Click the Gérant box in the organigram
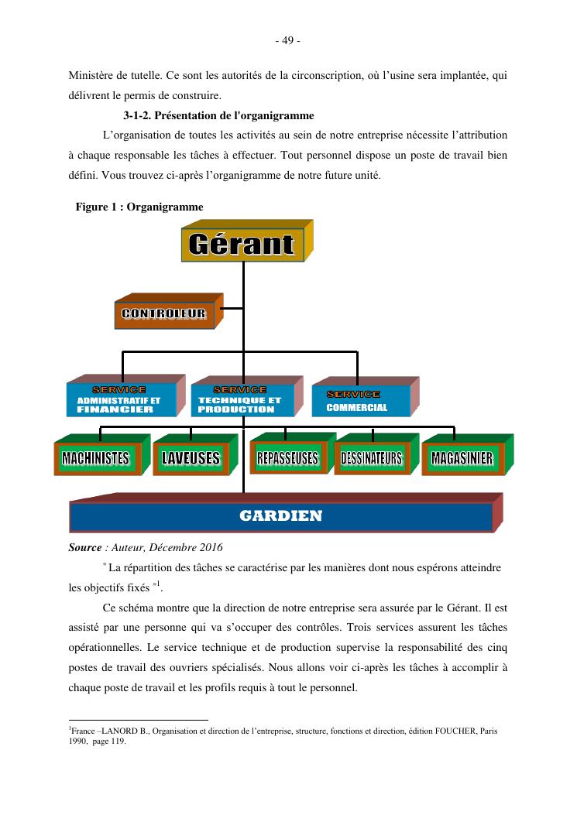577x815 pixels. [241, 245]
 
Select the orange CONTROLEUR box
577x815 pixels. [163, 313]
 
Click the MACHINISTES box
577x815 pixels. [96, 458]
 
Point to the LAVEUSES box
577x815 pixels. [191, 458]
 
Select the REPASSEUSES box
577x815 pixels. [287, 458]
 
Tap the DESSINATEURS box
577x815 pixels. [372, 458]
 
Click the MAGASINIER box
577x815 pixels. [462, 458]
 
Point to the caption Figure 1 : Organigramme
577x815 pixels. [139, 207]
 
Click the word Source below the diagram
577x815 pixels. [85, 548]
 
